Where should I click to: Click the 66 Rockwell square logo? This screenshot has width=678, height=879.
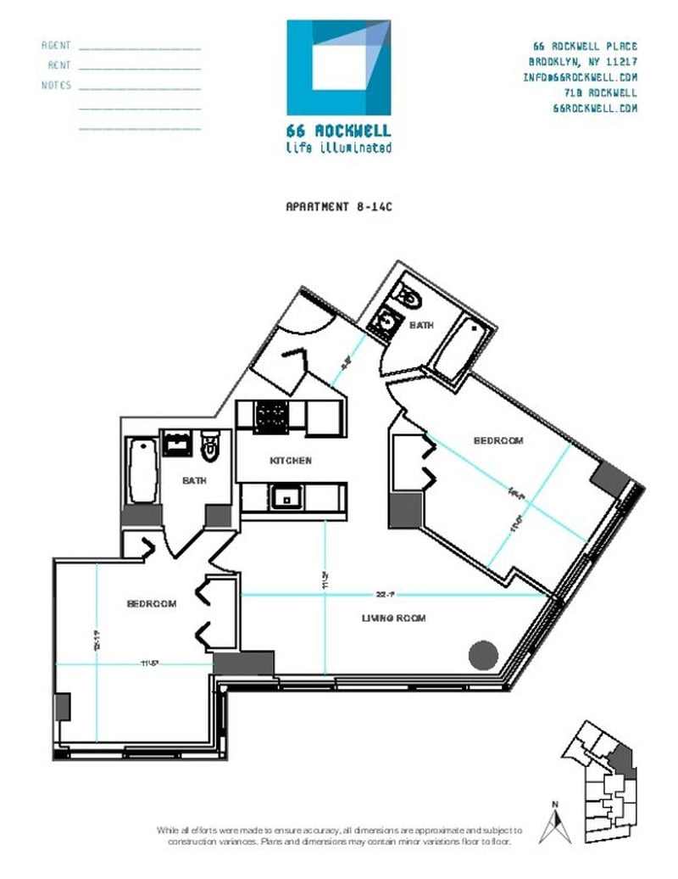coord(339,68)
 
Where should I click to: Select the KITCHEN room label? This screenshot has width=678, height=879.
coord(291,461)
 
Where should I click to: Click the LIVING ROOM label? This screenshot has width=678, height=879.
coord(393,619)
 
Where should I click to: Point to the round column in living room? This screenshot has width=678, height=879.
coord(483,653)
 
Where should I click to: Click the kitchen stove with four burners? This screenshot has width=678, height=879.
coord(270,416)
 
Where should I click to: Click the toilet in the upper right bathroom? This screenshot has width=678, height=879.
coord(408,297)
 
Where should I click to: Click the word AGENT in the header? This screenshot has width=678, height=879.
coord(56,46)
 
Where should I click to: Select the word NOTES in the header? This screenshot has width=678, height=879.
coord(56,85)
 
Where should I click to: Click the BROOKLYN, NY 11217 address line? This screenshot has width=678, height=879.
coord(582,62)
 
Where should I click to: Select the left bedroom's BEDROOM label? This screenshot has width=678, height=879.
coord(152,604)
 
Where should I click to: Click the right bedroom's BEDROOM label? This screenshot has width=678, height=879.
coord(497,441)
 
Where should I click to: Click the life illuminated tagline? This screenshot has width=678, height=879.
coord(339,148)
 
